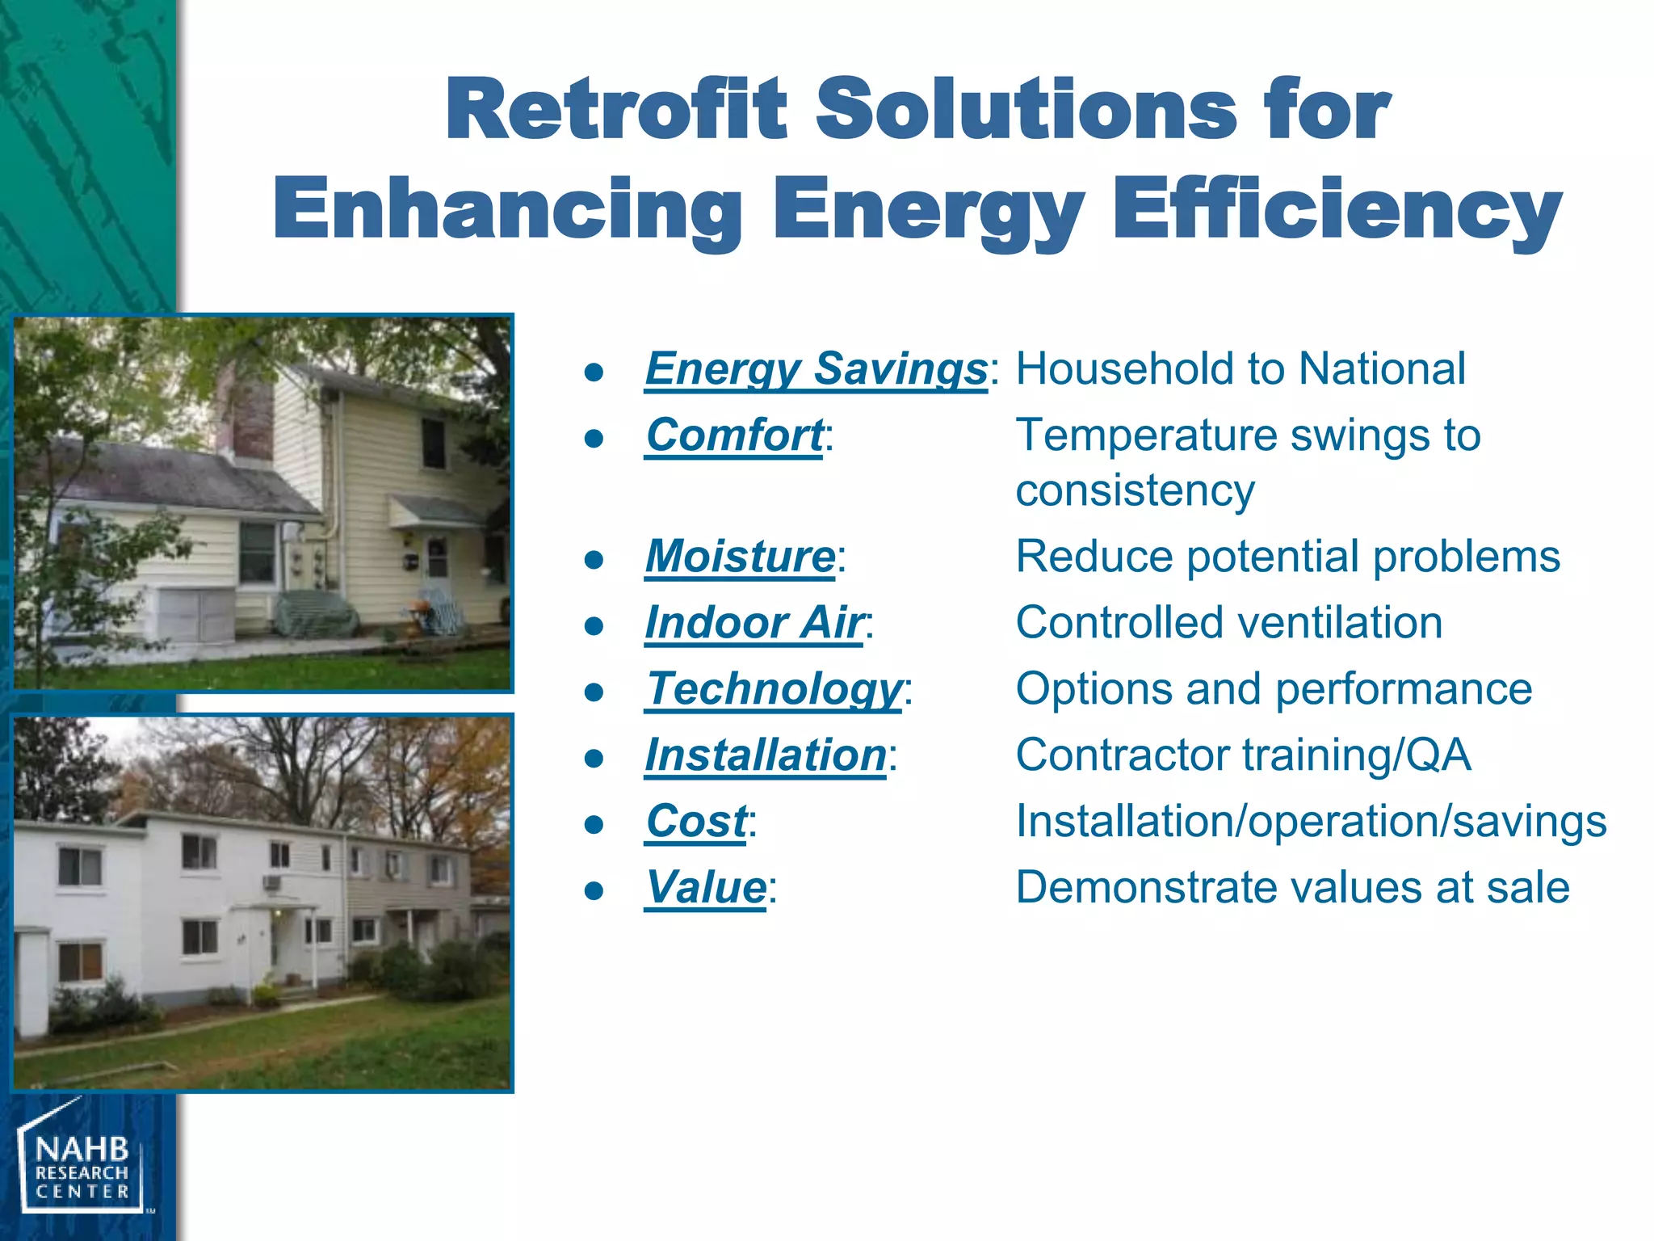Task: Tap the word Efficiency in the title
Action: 1337,210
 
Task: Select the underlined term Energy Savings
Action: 816,369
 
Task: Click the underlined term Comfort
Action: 734,435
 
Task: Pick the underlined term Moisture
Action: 740,557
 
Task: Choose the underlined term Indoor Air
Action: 754,623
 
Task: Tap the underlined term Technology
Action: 774,689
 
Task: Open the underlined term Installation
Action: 766,755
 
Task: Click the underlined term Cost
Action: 696,822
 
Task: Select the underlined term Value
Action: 706,888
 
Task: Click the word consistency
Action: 1135,490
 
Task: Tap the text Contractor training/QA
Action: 1243,755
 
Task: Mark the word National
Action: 1382,369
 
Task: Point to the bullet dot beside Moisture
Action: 594,559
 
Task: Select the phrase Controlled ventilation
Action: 1228,623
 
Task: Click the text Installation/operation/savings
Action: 1311,822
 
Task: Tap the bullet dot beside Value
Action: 594,890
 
